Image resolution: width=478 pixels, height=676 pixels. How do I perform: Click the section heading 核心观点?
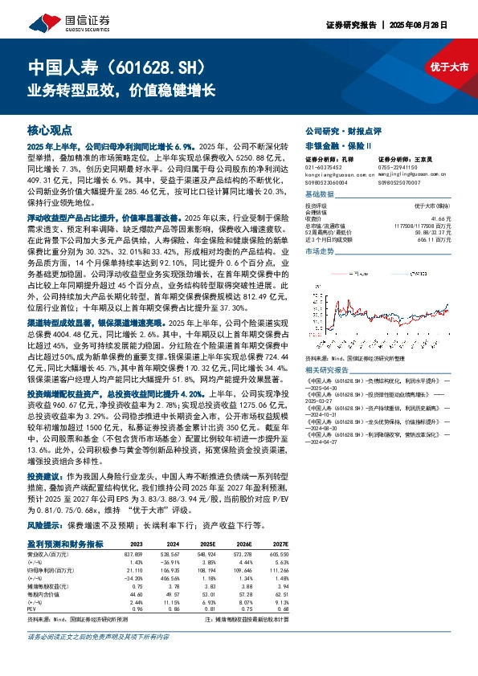tap(50, 128)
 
